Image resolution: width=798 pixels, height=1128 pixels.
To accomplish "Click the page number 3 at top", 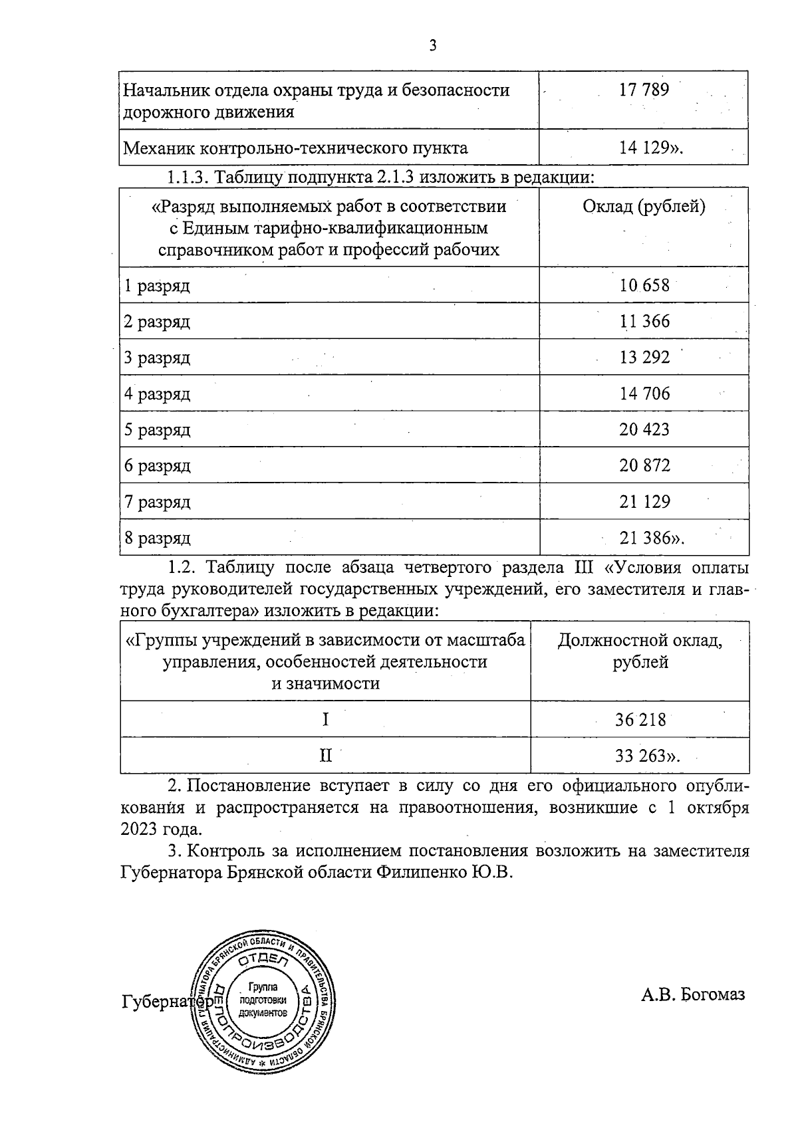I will (x=433, y=46).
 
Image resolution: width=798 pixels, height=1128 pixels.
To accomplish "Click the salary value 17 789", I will (x=644, y=90).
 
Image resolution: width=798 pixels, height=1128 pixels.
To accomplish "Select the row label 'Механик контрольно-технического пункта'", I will (x=296, y=148).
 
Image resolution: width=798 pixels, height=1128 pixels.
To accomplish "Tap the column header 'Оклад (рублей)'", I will (x=644, y=207).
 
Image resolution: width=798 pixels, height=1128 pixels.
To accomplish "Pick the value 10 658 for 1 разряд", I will (x=644, y=286).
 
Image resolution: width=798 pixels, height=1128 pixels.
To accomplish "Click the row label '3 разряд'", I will (x=157, y=358).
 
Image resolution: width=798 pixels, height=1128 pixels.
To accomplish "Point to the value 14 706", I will (x=644, y=394).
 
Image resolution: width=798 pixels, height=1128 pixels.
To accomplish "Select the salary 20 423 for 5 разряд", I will (x=644, y=429).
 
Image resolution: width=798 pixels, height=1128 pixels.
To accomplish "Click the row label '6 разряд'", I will (x=157, y=466).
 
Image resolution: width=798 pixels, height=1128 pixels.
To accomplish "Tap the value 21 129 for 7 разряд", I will (x=644, y=502).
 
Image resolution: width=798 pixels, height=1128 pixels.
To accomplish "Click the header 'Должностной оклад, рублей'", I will (x=640, y=651).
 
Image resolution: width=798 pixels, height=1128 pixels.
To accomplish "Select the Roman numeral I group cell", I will (x=325, y=719).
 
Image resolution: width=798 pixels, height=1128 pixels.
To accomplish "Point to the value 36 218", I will (x=640, y=720).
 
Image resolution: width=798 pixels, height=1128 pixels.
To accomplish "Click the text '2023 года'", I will (x=160, y=830).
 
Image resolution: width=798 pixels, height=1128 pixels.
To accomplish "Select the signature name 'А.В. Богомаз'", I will (x=693, y=994).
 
